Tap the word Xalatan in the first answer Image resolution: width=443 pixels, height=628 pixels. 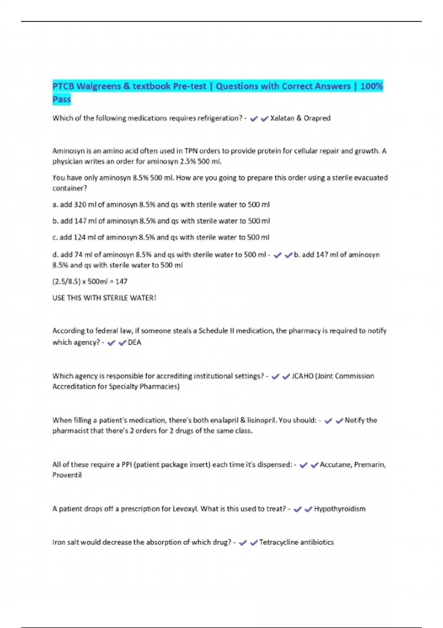point(282,118)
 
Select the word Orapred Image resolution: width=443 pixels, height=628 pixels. point(317,118)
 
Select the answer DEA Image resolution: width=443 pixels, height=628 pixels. point(134,342)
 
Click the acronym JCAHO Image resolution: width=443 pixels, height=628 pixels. point(302,376)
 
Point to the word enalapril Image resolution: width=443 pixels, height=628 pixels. point(224,420)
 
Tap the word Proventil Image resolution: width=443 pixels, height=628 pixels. point(67,475)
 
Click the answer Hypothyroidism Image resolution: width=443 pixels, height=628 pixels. point(340,509)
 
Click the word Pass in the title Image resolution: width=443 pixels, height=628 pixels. point(62,99)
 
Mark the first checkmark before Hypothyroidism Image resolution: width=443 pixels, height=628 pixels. point(298,509)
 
